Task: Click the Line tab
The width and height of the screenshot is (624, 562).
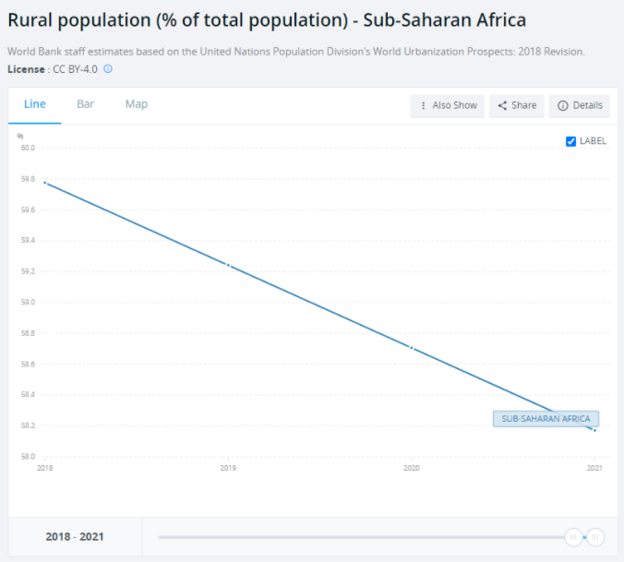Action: point(35,104)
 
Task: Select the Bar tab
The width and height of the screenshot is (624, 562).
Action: point(86,104)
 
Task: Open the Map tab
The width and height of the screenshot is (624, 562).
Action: point(137,104)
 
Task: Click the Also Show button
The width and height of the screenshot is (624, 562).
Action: point(448,105)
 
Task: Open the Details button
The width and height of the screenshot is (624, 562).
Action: point(580,105)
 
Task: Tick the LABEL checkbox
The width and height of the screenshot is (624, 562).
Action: point(570,141)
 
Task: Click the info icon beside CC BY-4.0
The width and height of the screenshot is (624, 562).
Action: point(108,68)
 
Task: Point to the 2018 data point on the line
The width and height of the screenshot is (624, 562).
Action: point(45,183)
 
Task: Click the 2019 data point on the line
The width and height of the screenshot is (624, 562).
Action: point(228,266)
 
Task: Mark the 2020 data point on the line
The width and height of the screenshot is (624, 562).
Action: point(411,348)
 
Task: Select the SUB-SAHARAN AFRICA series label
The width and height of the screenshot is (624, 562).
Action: point(546,419)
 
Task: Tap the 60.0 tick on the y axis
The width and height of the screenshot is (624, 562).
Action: point(28,148)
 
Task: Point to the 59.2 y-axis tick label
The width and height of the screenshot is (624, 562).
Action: point(28,271)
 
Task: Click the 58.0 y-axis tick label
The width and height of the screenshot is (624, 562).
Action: point(28,456)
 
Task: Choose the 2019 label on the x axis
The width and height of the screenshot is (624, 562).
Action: point(228,469)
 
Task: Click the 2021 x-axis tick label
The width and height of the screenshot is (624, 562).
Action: point(594,469)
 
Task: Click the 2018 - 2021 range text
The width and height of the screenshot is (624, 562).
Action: point(76,536)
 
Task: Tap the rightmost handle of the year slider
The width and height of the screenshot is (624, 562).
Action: point(595,536)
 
